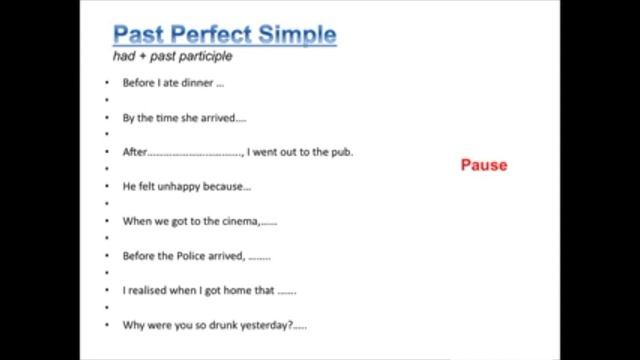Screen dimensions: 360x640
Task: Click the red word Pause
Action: point(484,165)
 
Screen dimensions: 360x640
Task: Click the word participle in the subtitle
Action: point(197,57)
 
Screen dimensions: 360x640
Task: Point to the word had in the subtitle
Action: point(123,57)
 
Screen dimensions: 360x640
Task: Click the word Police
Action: point(195,255)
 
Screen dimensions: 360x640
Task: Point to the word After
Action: point(134,152)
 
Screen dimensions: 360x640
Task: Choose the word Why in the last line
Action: point(133,325)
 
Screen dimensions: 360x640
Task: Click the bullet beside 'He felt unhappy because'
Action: point(105,187)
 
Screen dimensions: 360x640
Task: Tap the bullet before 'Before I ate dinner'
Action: point(105,83)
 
